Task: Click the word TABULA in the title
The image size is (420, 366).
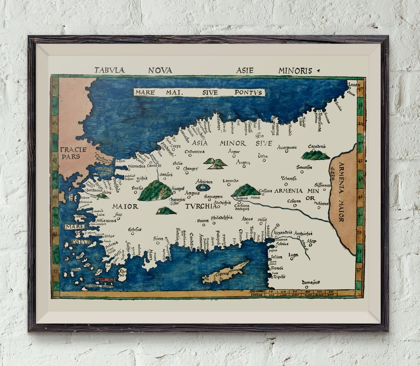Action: (x=109, y=70)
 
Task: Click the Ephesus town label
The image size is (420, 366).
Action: (x=135, y=230)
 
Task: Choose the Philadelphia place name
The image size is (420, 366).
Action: (x=222, y=218)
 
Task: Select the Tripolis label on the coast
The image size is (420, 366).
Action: (x=279, y=277)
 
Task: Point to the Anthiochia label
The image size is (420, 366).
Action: (x=303, y=234)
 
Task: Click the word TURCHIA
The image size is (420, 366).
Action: (x=201, y=206)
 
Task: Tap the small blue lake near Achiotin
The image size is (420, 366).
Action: (x=202, y=187)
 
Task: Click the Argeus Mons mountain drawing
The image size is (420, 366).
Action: (x=245, y=190)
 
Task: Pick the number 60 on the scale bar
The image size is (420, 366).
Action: (x=331, y=291)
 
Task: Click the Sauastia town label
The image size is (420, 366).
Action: (x=304, y=167)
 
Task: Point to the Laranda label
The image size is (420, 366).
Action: (x=230, y=181)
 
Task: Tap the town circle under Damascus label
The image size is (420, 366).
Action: (x=307, y=287)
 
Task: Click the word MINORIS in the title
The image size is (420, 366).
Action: (x=295, y=71)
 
